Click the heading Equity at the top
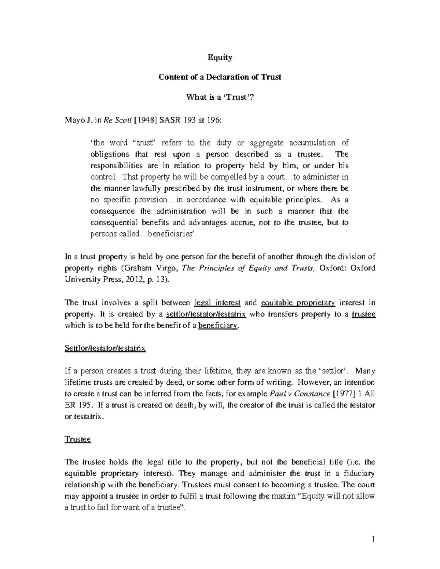(x=220, y=58)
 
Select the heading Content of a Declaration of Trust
(x=220, y=77)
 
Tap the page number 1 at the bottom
(x=373, y=539)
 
